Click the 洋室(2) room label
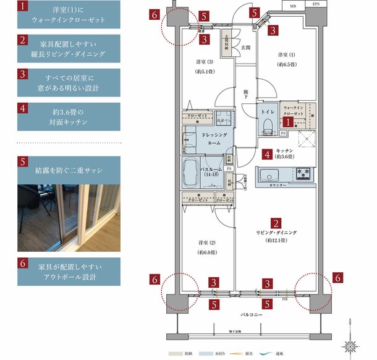point(206,247)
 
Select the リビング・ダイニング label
point(277,238)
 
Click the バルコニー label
point(252,315)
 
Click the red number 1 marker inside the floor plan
point(287,123)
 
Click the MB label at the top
point(292,5)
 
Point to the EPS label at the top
point(316,5)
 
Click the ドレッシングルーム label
point(214,139)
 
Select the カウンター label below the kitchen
point(277,184)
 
